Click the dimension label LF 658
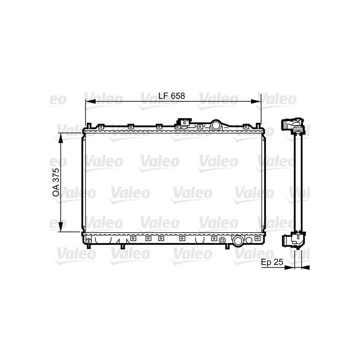coord(171,96)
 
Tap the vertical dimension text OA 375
coord(56,182)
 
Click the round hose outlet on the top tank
coord(216,125)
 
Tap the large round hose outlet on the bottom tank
coord(238,242)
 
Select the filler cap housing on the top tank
coord(184,122)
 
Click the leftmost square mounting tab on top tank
coord(102,126)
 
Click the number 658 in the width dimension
coord(178,96)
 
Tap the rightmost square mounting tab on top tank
coord(246,126)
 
